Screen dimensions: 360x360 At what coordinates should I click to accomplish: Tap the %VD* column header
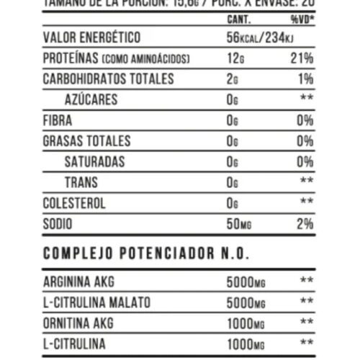pyautogui.click(x=301, y=19)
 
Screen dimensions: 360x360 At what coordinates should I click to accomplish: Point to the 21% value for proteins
pyautogui.click(x=304, y=58)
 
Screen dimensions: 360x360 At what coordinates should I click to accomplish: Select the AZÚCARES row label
pyautogui.click(x=91, y=99)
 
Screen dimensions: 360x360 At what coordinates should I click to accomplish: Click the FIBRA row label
pyautogui.click(x=58, y=120)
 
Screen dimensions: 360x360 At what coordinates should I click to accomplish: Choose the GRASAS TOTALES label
pyautogui.click(x=87, y=140)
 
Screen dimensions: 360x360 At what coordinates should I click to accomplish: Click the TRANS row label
pyautogui.click(x=81, y=182)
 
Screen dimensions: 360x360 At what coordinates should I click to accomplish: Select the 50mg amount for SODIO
pyautogui.click(x=239, y=224)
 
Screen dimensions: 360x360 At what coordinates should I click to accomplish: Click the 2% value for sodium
pyautogui.click(x=305, y=224)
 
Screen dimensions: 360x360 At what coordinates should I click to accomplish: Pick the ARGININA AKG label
pyautogui.click(x=79, y=281)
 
